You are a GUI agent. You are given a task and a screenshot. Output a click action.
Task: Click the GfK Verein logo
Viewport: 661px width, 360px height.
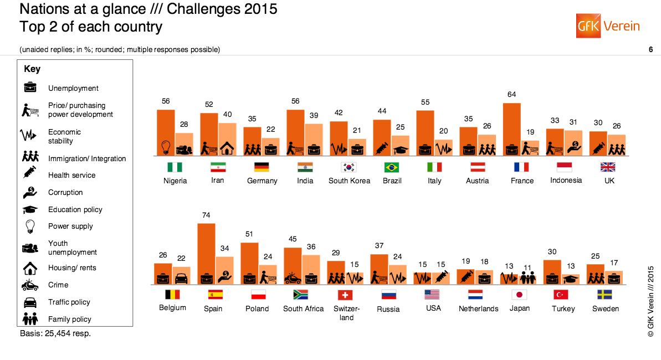(608, 25)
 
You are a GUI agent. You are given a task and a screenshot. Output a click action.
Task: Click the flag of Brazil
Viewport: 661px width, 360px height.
(391, 167)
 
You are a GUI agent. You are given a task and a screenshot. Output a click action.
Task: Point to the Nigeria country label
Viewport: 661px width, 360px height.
(175, 181)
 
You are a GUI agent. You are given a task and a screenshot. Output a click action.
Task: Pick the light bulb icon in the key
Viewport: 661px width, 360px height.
(30, 226)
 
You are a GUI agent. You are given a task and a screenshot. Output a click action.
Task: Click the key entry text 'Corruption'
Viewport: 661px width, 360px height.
(65, 192)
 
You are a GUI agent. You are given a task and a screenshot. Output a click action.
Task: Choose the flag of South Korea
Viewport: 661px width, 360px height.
(349, 167)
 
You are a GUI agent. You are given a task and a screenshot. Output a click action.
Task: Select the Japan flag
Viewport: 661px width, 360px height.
(519, 295)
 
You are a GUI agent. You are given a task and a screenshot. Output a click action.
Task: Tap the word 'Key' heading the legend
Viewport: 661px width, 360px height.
(32, 69)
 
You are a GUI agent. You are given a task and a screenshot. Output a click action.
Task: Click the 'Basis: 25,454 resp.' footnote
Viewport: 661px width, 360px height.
(55, 333)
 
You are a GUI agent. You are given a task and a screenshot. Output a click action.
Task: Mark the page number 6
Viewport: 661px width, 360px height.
(650, 50)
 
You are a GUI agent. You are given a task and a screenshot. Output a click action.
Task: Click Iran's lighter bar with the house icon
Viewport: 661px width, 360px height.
(227, 139)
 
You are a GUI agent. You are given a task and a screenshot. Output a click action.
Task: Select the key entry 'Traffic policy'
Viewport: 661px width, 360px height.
(69, 302)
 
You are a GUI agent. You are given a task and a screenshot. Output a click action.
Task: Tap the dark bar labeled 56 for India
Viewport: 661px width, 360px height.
(295, 132)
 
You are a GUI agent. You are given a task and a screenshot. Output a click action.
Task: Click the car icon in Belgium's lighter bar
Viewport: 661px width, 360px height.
(182, 277)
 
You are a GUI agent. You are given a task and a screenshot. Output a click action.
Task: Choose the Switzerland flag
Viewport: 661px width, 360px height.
(346, 295)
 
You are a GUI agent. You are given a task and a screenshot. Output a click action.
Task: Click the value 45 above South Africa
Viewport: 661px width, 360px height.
(292, 239)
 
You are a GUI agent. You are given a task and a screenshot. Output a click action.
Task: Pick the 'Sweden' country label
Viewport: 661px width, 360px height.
(606, 308)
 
